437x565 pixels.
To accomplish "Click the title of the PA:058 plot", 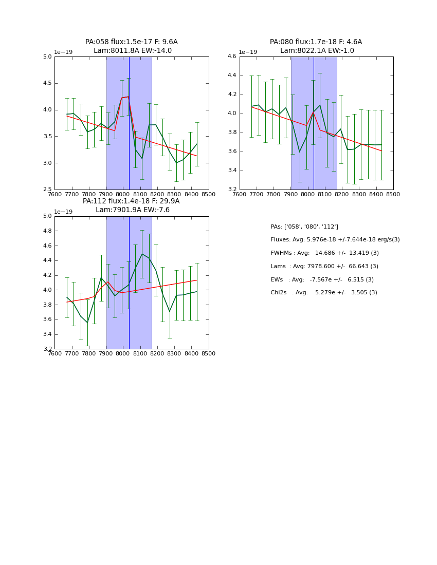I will (132, 46).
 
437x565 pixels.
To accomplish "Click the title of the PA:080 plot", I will (316, 46).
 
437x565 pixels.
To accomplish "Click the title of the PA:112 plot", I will (131, 205).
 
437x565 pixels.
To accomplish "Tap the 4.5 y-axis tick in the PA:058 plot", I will (47, 83).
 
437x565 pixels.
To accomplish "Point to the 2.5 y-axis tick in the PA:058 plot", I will (47, 190).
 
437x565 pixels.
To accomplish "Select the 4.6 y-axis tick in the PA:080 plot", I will (231, 56).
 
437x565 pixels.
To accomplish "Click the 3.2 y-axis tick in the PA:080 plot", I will (231, 190).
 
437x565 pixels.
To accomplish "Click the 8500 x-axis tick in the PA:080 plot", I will (393, 194).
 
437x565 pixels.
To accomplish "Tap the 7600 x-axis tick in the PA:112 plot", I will (54, 353).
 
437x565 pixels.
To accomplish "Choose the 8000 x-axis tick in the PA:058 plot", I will (123, 194).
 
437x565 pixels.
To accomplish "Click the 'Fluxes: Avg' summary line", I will (335, 240).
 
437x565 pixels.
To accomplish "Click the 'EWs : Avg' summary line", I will (322, 279).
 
